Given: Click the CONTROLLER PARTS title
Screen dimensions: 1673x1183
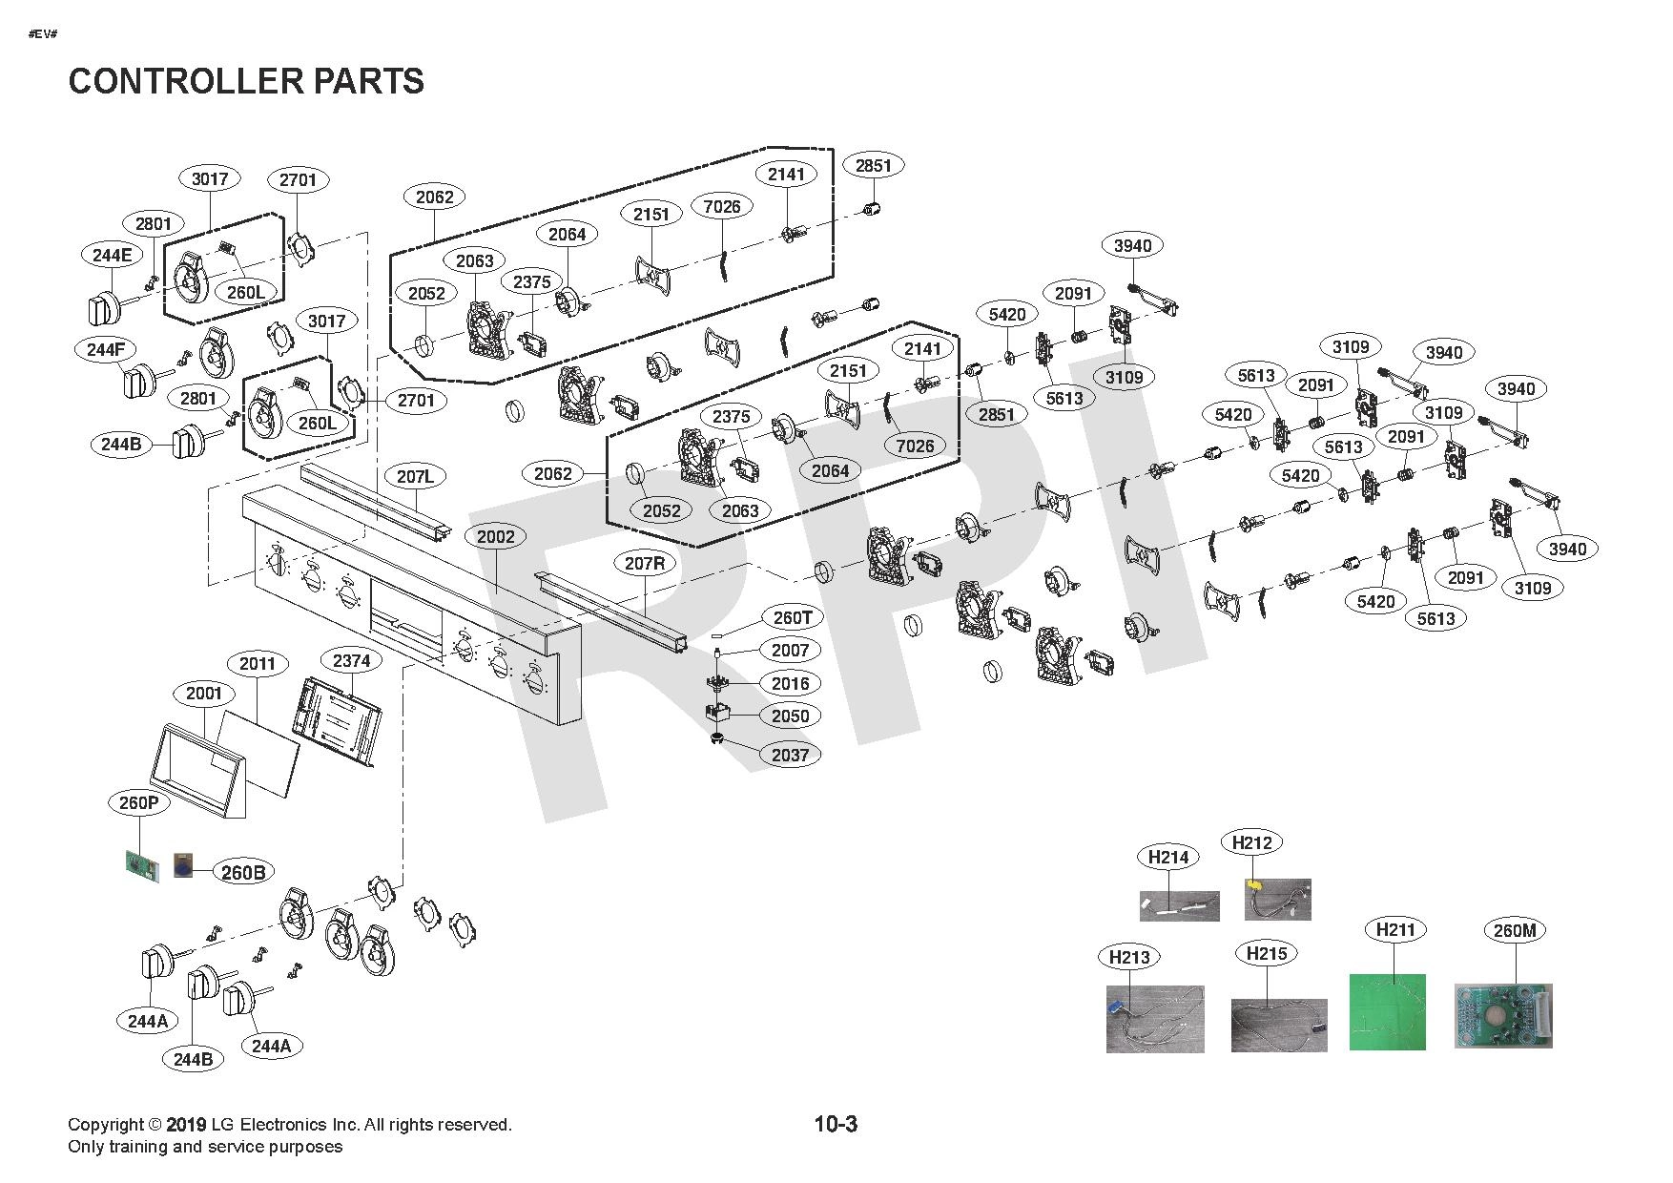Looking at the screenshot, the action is (246, 81).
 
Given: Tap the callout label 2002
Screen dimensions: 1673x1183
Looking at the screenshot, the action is (496, 536).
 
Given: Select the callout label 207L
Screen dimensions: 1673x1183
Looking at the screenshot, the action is (416, 476).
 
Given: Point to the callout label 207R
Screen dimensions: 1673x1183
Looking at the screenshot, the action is (645, 563).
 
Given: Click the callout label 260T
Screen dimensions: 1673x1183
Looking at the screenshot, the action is (793, 617).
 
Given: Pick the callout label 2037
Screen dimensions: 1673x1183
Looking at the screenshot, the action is (790, 755).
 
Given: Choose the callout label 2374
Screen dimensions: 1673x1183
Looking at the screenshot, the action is (351, 660).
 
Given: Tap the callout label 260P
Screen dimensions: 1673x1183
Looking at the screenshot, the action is (139, 802).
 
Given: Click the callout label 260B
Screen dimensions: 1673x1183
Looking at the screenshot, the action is (242, 872).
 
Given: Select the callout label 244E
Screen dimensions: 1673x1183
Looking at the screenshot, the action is (113, 255).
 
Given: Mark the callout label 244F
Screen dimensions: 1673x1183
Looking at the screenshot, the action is (105, 349).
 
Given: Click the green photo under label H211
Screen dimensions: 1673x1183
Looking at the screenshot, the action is (1387, 1011).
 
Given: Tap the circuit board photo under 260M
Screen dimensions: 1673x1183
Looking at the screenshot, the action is (1503, 1016).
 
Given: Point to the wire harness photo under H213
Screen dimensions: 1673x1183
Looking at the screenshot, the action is (1155, 1019).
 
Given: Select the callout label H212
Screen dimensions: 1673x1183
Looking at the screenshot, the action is (1251, 842).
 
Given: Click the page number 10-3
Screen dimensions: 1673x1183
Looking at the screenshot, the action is (836, 1124).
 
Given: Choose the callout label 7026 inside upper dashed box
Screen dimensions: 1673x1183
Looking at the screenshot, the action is (721, 206).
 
